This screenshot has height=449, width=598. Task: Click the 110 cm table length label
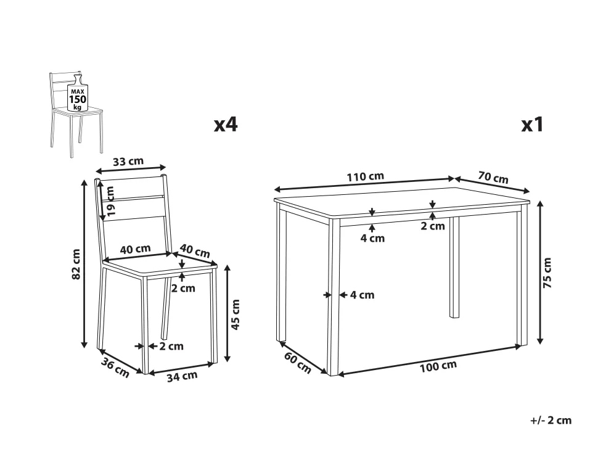pyautogui.click(x=364, y=176)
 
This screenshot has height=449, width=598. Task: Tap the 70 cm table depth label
pyautogui.click(x=493, y=178)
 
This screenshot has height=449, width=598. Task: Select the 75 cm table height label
pyautogui.click(x=547, y=273)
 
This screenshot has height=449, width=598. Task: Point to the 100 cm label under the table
pyautogui.click(x=438, y=366)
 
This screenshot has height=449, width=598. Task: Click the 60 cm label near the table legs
pyautogui.click(x=298, y=363)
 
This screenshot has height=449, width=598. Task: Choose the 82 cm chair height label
pyautogui.click(x=76, y=264)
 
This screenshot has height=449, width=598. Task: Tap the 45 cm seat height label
pyautogui.click(x=236, y=315)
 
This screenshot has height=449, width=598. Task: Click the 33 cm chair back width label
pyautogui.click(x=128, y=162)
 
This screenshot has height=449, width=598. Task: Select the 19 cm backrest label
pyautogui.click(x=110, y=201)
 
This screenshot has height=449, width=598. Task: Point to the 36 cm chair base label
pyautogui.click(x=115, y=368)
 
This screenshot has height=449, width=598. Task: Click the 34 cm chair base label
pyautogui.click(x=182, y=376)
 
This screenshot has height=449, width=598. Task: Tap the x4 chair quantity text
pyautogui.click(x=226, y=125)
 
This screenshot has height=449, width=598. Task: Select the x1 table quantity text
pyautogui.click(x=532, y=125)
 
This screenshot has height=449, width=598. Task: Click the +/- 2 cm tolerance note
pyautogui.click(x=551, y=421)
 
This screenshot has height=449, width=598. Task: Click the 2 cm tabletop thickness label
pyautogui.click(x=433, y=226)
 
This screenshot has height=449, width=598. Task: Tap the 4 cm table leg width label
pyautogui.click(x=362, y=294)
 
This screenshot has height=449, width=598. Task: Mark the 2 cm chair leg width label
pyautogui.click(x=171, y=346)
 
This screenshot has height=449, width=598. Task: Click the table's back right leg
pyautogui.click(x=454, y=267)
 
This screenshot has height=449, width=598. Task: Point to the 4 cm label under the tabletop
pyautogui.click(x=372, y=238)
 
